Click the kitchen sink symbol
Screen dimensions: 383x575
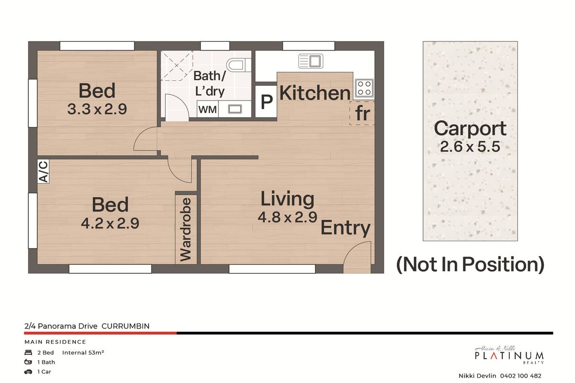pos(310,61)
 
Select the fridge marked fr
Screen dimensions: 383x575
pos(362,113)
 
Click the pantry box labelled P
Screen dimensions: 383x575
pos(266,101)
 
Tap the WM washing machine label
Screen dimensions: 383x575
pos(207,110)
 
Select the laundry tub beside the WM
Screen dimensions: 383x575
pos(235,109)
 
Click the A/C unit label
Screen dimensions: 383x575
pos(43,171)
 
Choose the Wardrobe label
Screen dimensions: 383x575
pos(186,229)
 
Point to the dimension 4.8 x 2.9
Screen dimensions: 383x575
pos(287,217)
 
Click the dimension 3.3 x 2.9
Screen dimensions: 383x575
pos(97,110)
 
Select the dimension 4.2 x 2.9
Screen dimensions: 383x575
pos(110,224)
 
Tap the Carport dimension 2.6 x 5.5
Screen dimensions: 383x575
pos(470,146)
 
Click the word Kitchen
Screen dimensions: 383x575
pos(314,93)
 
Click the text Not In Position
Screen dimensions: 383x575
pos(470,264)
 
